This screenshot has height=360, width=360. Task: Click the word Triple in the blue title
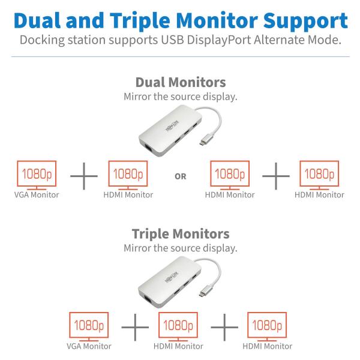pyautogui.click(x=141, y=21)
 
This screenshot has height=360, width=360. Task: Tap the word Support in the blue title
pyautogui.click(x=305, y=21)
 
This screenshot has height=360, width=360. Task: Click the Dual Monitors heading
pyautogui.click(x=181, y=82)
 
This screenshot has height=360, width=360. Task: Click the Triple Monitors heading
pyautogui.click(x=181, y=234)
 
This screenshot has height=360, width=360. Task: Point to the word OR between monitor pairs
pyautogui.click(x=181, y=176)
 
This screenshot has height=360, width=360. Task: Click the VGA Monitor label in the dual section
pyautogui.click(x=37, y=194)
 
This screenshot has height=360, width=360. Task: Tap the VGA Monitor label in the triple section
pyautogui.click(x=89, y=346)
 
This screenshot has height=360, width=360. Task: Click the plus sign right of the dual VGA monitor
pyautogui.click(x=84, y=176)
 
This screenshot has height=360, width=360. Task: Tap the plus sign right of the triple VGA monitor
pyautogui.click(x=135, y=327)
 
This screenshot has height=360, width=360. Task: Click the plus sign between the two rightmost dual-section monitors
pyautogui.click(x=276, y=176)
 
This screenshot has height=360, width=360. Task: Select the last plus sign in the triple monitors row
pyautogui.click(x=224, y=327)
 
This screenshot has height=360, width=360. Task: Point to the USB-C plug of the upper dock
pyautogui.click(x=206, y=141)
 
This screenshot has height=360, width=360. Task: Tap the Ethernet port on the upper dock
pyautogui.click(x=148, y=148)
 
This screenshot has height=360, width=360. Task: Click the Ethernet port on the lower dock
pyautogui.click(x=148, y=299)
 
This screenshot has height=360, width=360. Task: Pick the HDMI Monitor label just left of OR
pyautogui.click(x=128, y=194)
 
